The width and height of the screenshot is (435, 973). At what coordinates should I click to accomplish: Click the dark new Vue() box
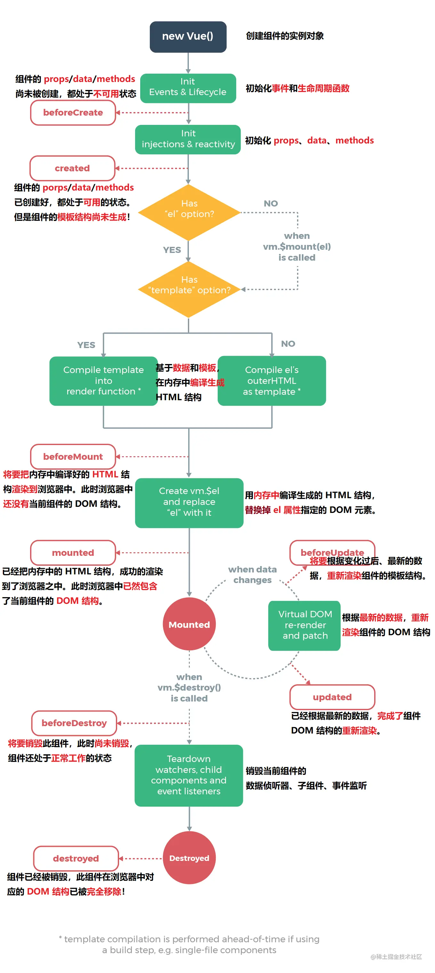pyautogui.click(x=188, y=36)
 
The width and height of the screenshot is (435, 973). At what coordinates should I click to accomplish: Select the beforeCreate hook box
pyautogui.click(x=73, y=113)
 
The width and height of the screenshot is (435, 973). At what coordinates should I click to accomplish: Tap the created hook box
pyautogui.click(x=72, y=168)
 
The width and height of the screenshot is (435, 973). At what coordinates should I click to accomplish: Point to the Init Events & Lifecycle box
pyautogui.click(x=188, y=88)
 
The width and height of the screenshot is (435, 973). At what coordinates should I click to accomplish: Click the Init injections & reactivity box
pyautogui.click(x=188, y=139)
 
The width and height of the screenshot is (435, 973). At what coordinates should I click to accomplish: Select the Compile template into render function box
pyautogui.click(x=103, y=381)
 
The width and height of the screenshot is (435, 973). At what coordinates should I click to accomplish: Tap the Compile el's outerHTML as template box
pyautogui.click(x=271, y=381)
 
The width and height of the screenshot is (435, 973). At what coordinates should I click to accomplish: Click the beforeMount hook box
pyautogui.click(x=73, y=456)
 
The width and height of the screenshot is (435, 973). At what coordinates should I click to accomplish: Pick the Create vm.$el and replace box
pyautogui.click(x=189, y=502)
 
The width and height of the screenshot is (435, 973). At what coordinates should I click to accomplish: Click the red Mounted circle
pyautogui.click(x=189, y=624)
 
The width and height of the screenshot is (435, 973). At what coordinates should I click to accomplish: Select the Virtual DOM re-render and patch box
pyautogui.click(x=304, y=625)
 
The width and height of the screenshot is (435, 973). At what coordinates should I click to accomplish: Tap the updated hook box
pyautogui.click(x=332, y=697)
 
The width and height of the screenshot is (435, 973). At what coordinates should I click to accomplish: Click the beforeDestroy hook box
pyautogui.click(x=74, y=723)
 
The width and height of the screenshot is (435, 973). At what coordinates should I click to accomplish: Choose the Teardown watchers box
pyautogui.click(x=189, y=775)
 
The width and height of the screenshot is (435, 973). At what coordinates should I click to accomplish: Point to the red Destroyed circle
pyautogui.click(x=189, y=858)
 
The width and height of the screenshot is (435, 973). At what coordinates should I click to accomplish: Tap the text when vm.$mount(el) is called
pyautogui.click(x=297, y=247)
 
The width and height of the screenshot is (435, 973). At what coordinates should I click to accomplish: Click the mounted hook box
pyautogui.click(x=73, y=553)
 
